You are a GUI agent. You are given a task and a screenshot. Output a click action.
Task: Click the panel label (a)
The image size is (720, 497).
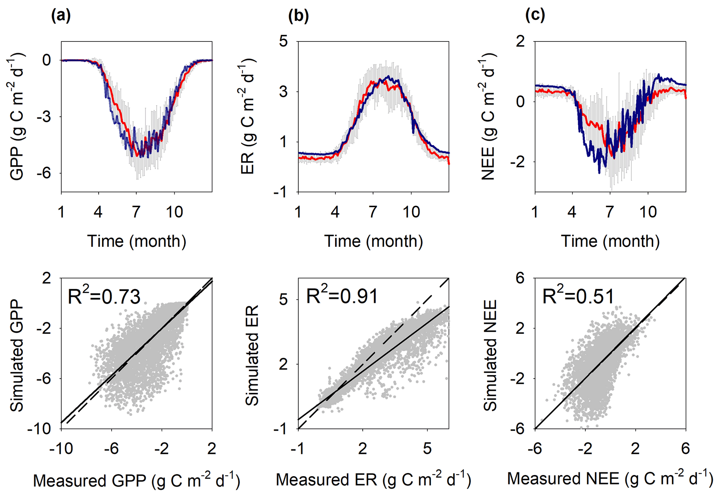coord(61,16)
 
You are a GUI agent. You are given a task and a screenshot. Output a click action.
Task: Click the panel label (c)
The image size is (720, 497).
coord(535,16)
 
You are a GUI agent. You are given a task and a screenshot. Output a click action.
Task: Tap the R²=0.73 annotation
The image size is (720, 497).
coord(104,297)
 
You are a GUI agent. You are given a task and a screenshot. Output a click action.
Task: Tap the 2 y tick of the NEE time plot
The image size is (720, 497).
coord(520,41)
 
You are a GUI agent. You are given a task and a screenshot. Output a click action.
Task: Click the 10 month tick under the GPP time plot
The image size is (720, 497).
coord(174,211)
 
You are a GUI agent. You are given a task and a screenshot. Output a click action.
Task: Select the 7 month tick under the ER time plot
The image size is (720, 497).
coord(373,211)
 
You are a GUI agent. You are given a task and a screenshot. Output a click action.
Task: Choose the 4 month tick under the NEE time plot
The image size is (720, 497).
coord(572,211)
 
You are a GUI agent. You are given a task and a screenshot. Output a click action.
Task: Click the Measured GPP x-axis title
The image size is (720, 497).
coord(137,481)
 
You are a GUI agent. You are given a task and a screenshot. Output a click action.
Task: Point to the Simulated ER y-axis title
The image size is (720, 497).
coord(252,355)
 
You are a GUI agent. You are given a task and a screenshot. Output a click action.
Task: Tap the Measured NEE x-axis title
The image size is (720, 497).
coord(610,479)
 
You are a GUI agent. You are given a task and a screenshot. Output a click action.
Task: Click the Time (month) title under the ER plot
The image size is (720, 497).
coord(373,241)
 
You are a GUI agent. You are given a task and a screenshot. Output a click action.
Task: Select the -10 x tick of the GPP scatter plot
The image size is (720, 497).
coord(61,449)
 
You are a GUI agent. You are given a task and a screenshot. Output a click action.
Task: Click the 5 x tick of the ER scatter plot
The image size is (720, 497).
coord(427,449)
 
